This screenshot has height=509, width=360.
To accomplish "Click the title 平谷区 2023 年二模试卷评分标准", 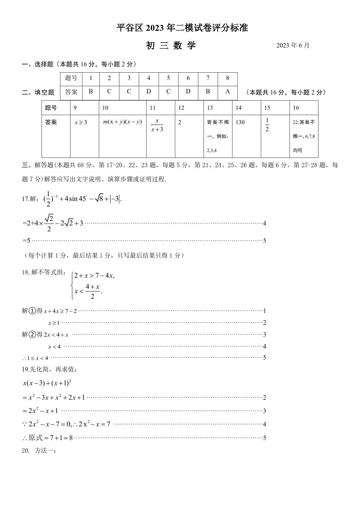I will point(182,28).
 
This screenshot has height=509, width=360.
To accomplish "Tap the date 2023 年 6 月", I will point(293,46).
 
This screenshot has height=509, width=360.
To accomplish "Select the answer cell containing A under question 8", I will point(228,92).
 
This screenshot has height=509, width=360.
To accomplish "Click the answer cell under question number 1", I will point(91,92).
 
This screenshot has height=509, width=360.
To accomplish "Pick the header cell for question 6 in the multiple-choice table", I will point(188,78).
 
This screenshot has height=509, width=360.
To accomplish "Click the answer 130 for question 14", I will point(240,122).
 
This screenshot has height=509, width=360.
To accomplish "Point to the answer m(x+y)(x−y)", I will point(122,122).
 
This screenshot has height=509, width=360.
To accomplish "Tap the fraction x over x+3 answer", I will point(157,125).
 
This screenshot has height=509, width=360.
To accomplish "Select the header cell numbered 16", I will point(296,108).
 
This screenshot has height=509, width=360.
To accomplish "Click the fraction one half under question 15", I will point(267,125).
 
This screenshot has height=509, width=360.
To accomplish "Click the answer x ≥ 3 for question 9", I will point(81,122).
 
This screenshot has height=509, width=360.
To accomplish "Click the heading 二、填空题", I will point(38,92).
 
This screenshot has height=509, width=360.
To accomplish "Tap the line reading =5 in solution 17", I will point(27,241).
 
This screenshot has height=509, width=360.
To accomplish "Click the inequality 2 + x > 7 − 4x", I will point(94,275).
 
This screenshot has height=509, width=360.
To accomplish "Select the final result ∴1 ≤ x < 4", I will point(35,358).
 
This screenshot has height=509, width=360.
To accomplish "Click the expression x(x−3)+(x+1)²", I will point(47,383).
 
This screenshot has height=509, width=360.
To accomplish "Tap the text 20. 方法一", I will point(39,451).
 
